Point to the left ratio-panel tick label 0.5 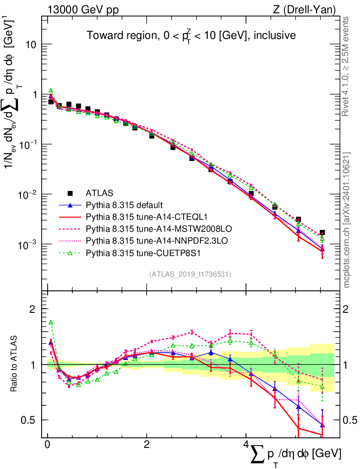30,420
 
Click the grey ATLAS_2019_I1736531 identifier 190,274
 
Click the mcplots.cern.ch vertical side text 347,220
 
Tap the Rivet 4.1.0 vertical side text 347,66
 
